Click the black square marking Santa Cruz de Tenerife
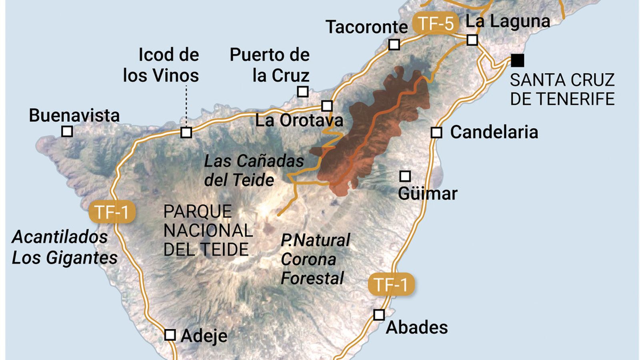tap(517, 60)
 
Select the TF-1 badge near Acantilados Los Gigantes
tap(112, 212)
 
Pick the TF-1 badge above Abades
tap(391, 285)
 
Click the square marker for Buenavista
tap(67, 131)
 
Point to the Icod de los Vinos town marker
tap(186, 132)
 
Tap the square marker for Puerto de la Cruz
tap(303, 92)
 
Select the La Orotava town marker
tap(327, 106)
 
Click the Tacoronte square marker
tap(394, 44)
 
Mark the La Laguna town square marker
tap(472, 40)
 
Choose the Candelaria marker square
tap(436, 132)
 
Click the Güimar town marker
tap(405, 176)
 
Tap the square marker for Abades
tap(379, 315)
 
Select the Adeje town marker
tap(170, 335)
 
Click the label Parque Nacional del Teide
tap(208, 231)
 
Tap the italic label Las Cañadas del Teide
tap(253, 170)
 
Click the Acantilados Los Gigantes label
tap(64, 247)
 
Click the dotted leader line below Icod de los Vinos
tap(186, 106)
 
